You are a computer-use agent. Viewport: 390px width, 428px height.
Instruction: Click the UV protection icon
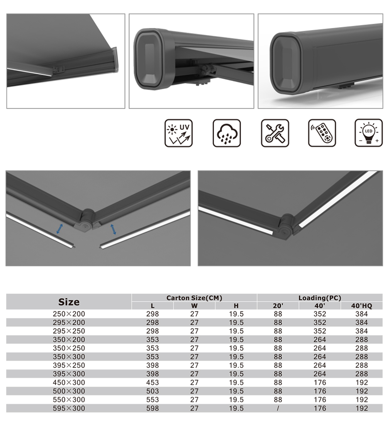click(178, 133)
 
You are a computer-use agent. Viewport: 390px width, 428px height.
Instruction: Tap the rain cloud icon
click(227, 133)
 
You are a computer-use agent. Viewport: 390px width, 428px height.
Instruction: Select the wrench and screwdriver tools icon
click(275, 133)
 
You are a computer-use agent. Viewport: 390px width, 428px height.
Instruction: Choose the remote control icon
click(322, 133)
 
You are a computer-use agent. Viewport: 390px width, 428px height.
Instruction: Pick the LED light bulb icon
click(369, 133)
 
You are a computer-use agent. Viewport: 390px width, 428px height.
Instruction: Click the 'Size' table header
click(69, 302)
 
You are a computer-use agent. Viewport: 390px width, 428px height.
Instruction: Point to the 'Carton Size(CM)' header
click(194, 298)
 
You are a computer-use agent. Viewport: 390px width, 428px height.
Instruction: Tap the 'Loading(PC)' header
click(320, 298)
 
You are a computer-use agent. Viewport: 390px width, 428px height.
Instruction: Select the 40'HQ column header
click(362, 306)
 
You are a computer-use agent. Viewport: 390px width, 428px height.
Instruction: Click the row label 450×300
click(69, 382)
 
